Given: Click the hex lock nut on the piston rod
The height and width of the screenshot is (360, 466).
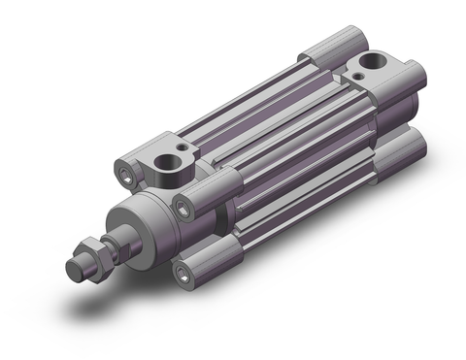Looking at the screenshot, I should pos(88,254).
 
